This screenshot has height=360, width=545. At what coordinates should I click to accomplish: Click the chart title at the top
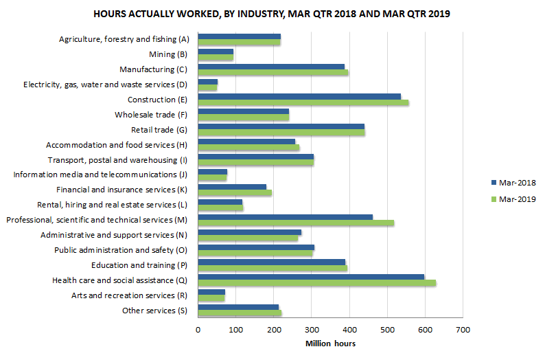(x=272, y=14)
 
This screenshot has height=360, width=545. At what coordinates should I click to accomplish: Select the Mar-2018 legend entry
(x=512, y=183)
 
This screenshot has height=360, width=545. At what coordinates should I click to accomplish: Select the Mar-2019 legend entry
(x=512, y=199)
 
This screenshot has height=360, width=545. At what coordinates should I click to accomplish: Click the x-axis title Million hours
(x=330, y=344)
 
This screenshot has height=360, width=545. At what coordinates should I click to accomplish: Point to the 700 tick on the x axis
(x=463, y=330)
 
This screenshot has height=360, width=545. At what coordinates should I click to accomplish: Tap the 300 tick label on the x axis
(x=312, y=330)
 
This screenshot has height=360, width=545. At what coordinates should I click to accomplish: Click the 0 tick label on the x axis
(x=198, y=330)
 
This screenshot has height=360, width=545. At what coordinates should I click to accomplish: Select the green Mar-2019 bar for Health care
(x=316, y=283)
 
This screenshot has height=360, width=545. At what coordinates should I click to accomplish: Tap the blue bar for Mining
(x=216, y=51)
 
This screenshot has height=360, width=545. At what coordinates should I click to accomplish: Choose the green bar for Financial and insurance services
(x=235, y=192)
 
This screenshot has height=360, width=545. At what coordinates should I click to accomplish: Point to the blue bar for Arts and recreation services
(x=211, y=292)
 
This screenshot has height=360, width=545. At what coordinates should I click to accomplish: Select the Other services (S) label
(x=154, y=310)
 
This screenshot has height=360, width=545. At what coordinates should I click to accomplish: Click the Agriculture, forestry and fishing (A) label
(x=124, y=39)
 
